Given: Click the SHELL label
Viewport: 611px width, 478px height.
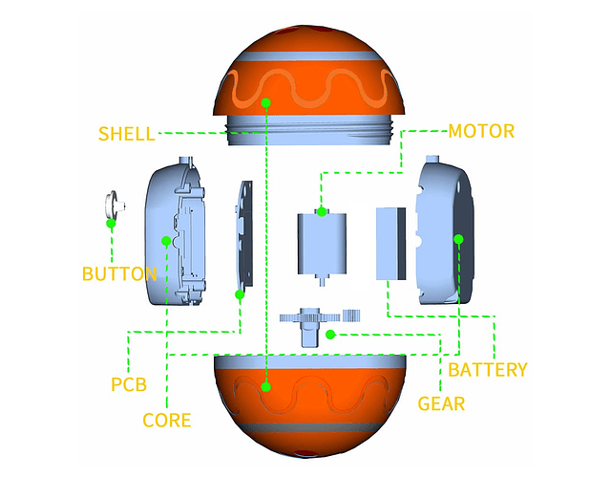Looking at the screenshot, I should pos(126,133).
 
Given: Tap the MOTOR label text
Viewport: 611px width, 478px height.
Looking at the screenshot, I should pos(481,131).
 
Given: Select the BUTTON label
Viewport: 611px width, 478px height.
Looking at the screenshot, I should pos(119,274).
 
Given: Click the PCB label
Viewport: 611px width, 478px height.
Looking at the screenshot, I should pos(129,384).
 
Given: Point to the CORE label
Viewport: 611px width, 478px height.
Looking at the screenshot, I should pos(166,420).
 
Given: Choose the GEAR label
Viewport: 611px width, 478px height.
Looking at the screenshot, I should pos(441,403).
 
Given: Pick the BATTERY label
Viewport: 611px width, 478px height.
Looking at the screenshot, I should pos(487,369).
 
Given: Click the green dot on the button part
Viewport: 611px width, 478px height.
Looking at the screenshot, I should pos(111,224).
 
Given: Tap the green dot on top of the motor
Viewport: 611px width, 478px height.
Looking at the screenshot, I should pos(322,211).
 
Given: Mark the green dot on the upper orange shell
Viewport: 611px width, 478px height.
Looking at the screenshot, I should pos(266,101).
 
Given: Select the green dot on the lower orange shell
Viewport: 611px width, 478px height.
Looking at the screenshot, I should pos(266,387).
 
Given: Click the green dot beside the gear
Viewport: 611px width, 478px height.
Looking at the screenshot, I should pos(329,334).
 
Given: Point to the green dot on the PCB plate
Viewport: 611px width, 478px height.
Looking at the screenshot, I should pos(240,294).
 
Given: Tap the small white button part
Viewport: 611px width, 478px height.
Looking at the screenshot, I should pos(112,204).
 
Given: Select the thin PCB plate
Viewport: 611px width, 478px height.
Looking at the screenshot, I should pos(243,239).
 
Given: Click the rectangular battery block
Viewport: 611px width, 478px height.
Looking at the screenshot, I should pos(391,243).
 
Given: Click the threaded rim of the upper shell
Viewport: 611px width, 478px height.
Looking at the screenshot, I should pos(308,131).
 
